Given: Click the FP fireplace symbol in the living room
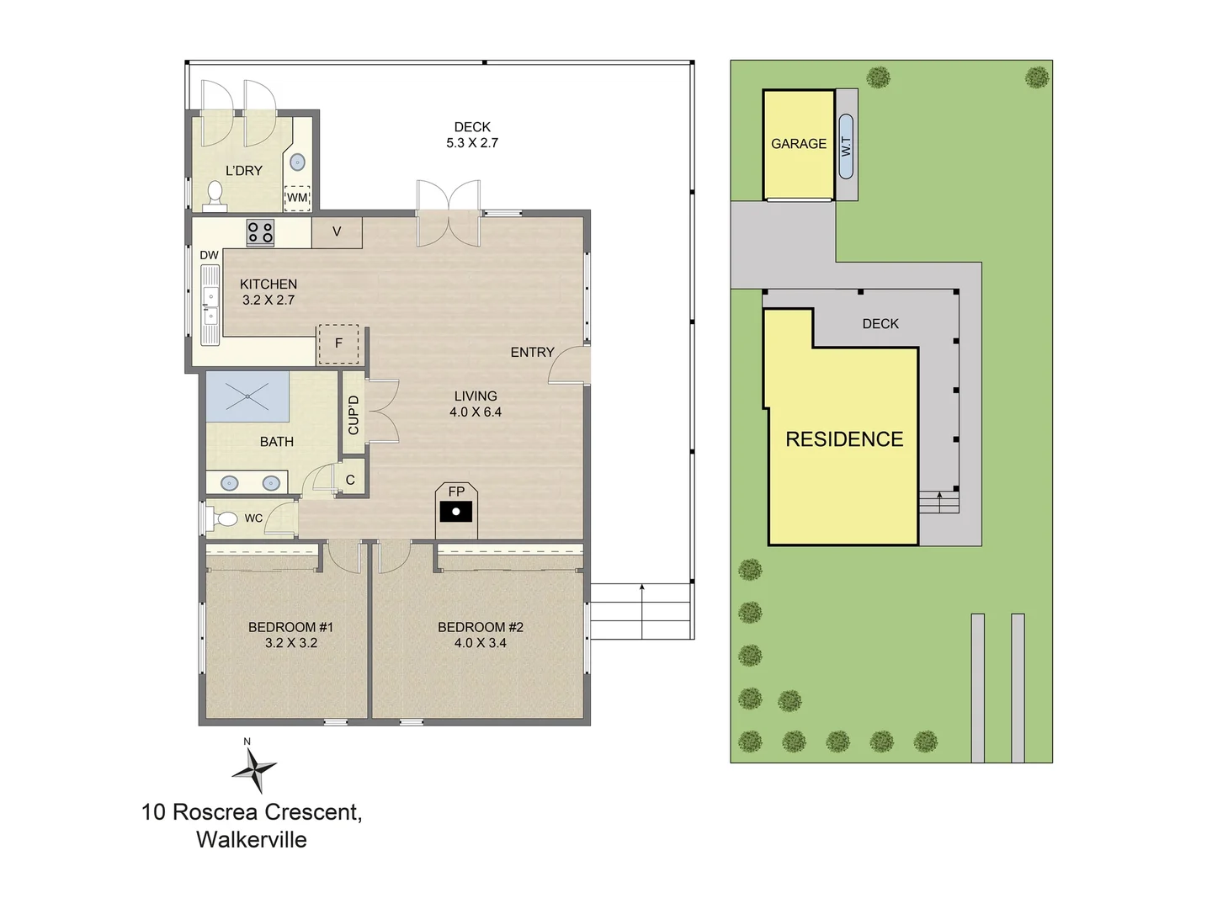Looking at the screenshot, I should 455,509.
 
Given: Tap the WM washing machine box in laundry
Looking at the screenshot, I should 297,198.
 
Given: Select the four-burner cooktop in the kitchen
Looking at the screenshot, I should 260,231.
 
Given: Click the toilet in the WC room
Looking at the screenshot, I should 224,518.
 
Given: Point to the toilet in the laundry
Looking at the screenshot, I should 215,194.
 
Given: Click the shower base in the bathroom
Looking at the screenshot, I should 247,396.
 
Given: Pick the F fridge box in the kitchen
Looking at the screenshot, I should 338,344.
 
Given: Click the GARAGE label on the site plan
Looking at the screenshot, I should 799,144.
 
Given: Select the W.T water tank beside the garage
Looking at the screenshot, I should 846,146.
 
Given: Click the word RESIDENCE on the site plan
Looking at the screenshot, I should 844,439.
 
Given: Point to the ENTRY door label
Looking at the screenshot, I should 532,353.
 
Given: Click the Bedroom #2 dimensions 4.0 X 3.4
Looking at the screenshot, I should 480,643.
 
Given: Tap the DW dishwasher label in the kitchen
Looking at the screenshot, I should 209,255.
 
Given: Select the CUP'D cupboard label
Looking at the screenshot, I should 353,415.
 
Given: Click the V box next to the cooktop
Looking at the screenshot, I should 337,231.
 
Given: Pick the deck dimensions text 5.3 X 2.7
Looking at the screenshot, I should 472,143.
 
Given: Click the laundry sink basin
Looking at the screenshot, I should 297,162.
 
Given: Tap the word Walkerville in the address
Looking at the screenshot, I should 252,840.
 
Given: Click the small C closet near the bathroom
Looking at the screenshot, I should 350,480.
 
